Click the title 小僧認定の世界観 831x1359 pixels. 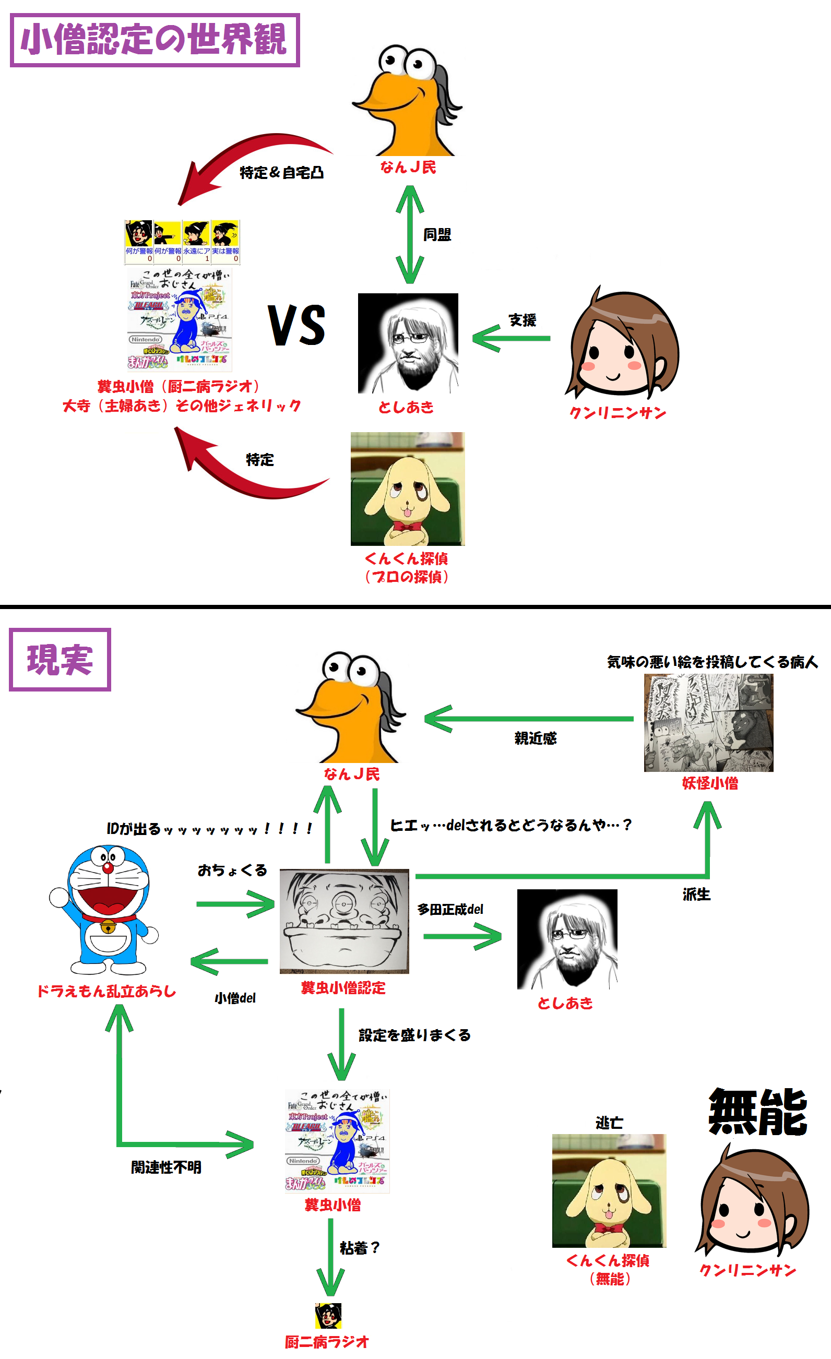pos(154,40)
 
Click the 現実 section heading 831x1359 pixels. pos(60,659)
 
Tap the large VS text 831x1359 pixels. pos(297,326)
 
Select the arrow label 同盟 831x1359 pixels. pos(437,235)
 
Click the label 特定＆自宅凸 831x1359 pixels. pos(281,173)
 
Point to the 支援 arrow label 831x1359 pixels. pos(522,320)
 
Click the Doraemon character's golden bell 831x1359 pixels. pos(108,927)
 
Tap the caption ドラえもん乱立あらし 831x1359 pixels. pos(106,991)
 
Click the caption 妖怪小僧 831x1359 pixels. pos(709,783)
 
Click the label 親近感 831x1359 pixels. pos(535,738)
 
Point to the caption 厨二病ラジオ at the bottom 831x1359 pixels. pos(327,1341)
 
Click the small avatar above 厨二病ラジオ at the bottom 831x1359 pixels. pos(328,1316)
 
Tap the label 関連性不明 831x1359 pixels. pos(165,1167)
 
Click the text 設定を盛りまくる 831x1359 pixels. pos(414,1035)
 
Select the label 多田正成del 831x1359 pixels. pos(450,910)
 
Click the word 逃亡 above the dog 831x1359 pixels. pos(609,1123)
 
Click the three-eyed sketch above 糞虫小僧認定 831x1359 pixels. pos(344,921)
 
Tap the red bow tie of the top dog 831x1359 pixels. pos(407,526)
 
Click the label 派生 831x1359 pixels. pos(696,894)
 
